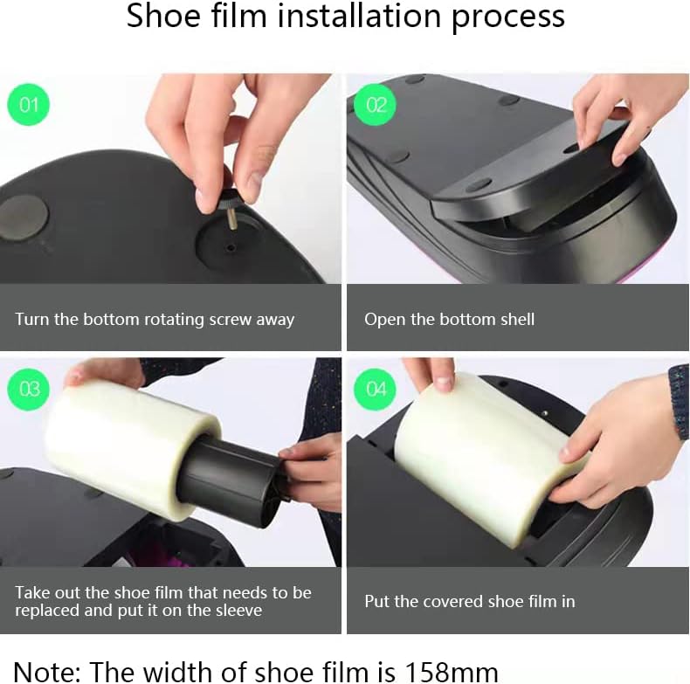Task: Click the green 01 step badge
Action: (x=29, y=106)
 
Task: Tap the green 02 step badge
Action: (x=376, y=106)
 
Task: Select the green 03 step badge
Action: (x=29, y=389)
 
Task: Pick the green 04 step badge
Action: (x=376, y=389)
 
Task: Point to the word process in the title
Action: (x=508, y=17)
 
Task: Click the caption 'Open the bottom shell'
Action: (x=449, y=319)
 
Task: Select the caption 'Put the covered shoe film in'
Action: (x=469, y=601)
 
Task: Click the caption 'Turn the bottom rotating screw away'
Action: (x=155, y=319)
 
